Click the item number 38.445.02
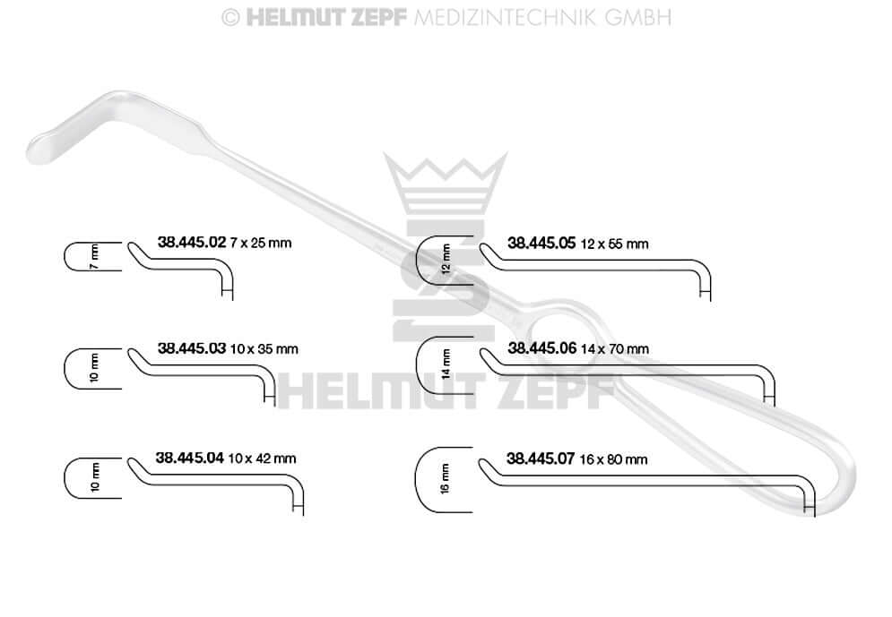point(192,242)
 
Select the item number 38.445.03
point(192,348)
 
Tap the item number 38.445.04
point(190,458)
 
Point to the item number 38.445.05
point(541,244)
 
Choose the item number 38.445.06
point(542,348)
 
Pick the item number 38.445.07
point(541,458)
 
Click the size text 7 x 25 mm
point(261,244)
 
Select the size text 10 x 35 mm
point(264,349)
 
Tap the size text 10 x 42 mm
point(263,458)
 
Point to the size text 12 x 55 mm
point(614,244)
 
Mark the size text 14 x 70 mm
point(615,349)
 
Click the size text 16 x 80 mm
point(613,459)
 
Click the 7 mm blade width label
point(94,257)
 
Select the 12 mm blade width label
point(446,259)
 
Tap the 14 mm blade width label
point(446,364)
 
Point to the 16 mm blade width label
point(445,479)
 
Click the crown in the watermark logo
point(446,182)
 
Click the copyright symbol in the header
point(230,18)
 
